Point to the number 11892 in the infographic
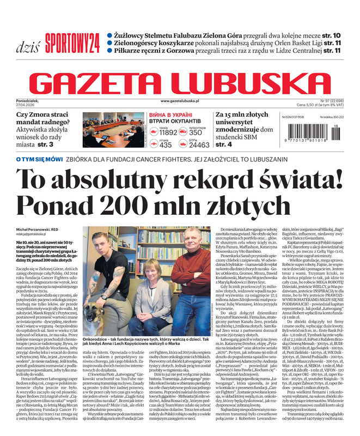168,132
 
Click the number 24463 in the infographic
199,145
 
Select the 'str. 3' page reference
45,144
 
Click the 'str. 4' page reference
224,144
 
